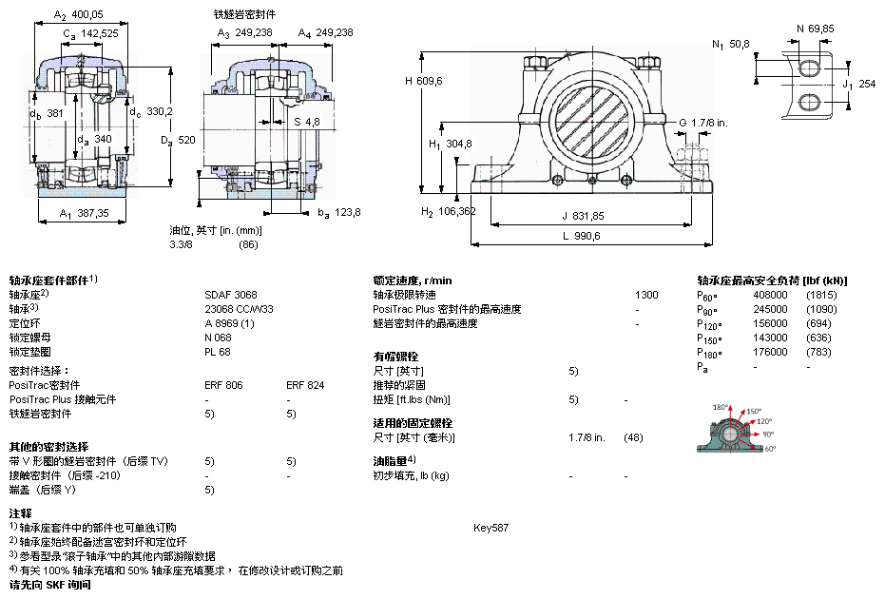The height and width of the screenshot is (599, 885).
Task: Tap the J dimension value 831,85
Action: pos(583,215)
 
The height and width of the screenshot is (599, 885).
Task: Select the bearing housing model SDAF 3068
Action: pos(231,295)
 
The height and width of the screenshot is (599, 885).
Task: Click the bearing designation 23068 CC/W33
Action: pos(240,309)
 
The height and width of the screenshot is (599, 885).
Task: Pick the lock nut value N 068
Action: pos(219,338)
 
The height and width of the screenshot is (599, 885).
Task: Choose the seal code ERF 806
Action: pos(223,385)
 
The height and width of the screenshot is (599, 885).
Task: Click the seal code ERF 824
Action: pos(305,385)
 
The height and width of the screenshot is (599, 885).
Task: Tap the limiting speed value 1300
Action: pos(646,295)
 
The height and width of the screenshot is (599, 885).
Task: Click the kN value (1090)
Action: pos(821,309)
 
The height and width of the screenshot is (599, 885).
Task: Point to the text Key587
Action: pos(491,527)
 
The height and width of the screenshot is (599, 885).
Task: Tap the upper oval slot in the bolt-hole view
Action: pos(809,68)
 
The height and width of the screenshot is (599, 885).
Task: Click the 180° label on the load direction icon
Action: pos(720,407)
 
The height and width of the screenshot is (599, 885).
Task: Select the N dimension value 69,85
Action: pos(820,29)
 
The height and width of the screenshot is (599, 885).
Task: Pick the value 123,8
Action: pos(348,212)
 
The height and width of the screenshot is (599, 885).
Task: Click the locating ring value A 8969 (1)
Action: pos(230,323)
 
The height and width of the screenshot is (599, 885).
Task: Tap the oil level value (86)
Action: pos(248,244)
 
